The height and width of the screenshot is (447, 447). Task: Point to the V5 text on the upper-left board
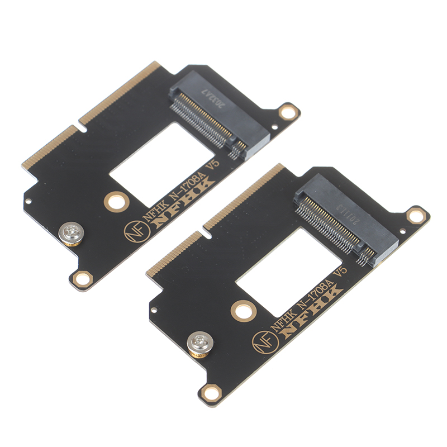[x=214, y=165]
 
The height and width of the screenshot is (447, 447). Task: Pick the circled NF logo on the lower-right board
[x=260, y=339]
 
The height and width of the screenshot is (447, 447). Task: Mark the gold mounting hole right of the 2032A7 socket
[x=288, y=112]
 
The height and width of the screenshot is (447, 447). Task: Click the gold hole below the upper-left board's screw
[x=83, y=276]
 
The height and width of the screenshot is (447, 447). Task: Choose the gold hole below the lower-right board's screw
[x=211, y=393]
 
